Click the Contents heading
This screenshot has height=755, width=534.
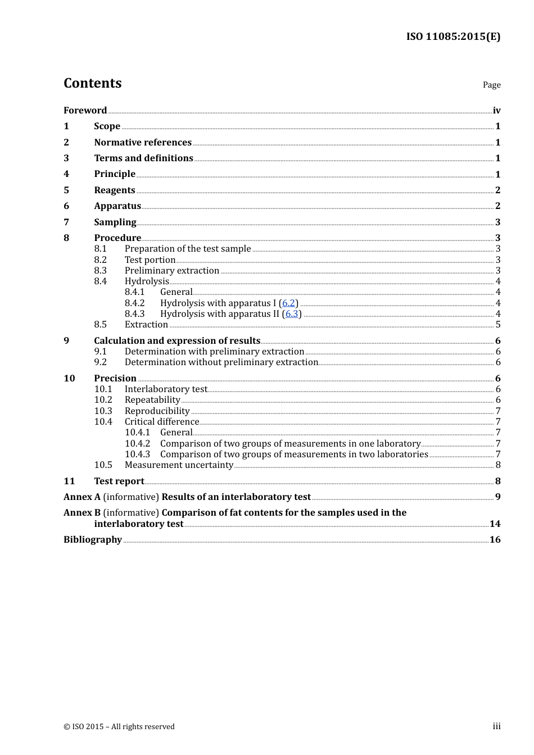click(92, 83)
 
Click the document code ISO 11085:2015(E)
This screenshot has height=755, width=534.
click(453, 37)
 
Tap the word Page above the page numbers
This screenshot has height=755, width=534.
click(491, 85)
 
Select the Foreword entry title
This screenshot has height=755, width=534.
click(85, 110)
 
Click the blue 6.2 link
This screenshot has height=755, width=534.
click(288, 303)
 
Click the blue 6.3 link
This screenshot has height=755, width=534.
click(292, 313)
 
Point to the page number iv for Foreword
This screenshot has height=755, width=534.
click(496, 110)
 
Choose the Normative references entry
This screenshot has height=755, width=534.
click(143, 142)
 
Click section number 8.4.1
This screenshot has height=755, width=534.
click(135, 292)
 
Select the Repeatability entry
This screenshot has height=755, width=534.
click(152, 400)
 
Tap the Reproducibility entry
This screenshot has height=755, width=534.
click(157, 411)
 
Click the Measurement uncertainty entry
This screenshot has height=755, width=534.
click(179, 465)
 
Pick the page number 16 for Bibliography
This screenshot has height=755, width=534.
click(495, 539)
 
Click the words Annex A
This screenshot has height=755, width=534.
click(82, 497)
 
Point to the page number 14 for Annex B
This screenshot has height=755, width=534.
click(495, 524)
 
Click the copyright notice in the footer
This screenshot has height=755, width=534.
click(119, 726)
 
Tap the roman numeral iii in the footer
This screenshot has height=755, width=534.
click(496, 726)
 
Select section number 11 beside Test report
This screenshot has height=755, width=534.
click(69, 481)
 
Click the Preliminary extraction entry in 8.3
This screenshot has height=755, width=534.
click(172, 271)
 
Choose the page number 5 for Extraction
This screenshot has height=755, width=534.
click(498, 325)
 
